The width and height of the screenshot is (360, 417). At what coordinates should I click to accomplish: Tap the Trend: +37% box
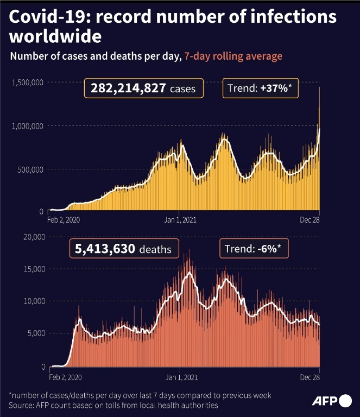pyautogui.click(x=260, y=88)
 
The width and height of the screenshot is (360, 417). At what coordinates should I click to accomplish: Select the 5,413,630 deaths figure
pyautogui.click(x=105, y=249)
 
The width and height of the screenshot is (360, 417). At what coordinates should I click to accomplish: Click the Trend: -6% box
pyautogui.click(x=254, y=249)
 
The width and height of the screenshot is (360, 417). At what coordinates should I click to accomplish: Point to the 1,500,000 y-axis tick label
pyautogui.click(x=27, y=82)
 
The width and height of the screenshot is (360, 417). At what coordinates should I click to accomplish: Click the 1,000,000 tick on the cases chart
pyautogui.click(x=27, y=126)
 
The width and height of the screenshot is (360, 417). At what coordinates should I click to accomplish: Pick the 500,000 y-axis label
pyautogui.click(x=30, y=170)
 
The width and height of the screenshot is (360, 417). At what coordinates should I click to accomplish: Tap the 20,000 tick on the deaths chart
pyautogui.click(x=34, y=237)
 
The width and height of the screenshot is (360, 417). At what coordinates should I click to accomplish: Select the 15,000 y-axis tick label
pyautogui.click(x=34, y=269)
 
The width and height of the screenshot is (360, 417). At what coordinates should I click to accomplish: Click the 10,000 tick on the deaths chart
pyautogui.click(x=34, y=301)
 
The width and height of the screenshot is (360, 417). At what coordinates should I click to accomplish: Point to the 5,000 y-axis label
pyautogui.click(x=36, y=333)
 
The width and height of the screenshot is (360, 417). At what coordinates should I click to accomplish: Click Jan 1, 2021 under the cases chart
pyautogui.click(x=180, y=220)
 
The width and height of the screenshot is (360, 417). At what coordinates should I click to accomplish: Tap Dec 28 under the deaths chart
pyautogui.click(x=309, y=377)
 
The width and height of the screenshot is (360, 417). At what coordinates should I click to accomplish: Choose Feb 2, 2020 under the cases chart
pyautogui.click(x=64, y=220)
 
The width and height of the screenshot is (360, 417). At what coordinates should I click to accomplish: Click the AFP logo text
pyautogui.click(x=324, y=401)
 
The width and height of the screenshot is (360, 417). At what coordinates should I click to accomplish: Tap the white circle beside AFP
pyautogui.click(x=345, y=401)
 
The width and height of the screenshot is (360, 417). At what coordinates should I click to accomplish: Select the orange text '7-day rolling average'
pyautogui.click(x=233, y=56)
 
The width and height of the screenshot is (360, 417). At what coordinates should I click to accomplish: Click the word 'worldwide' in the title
pyautogui.click(x=55, y=36)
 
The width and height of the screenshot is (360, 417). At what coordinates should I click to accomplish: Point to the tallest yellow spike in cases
pyautogui.click(x=319, y=88)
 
